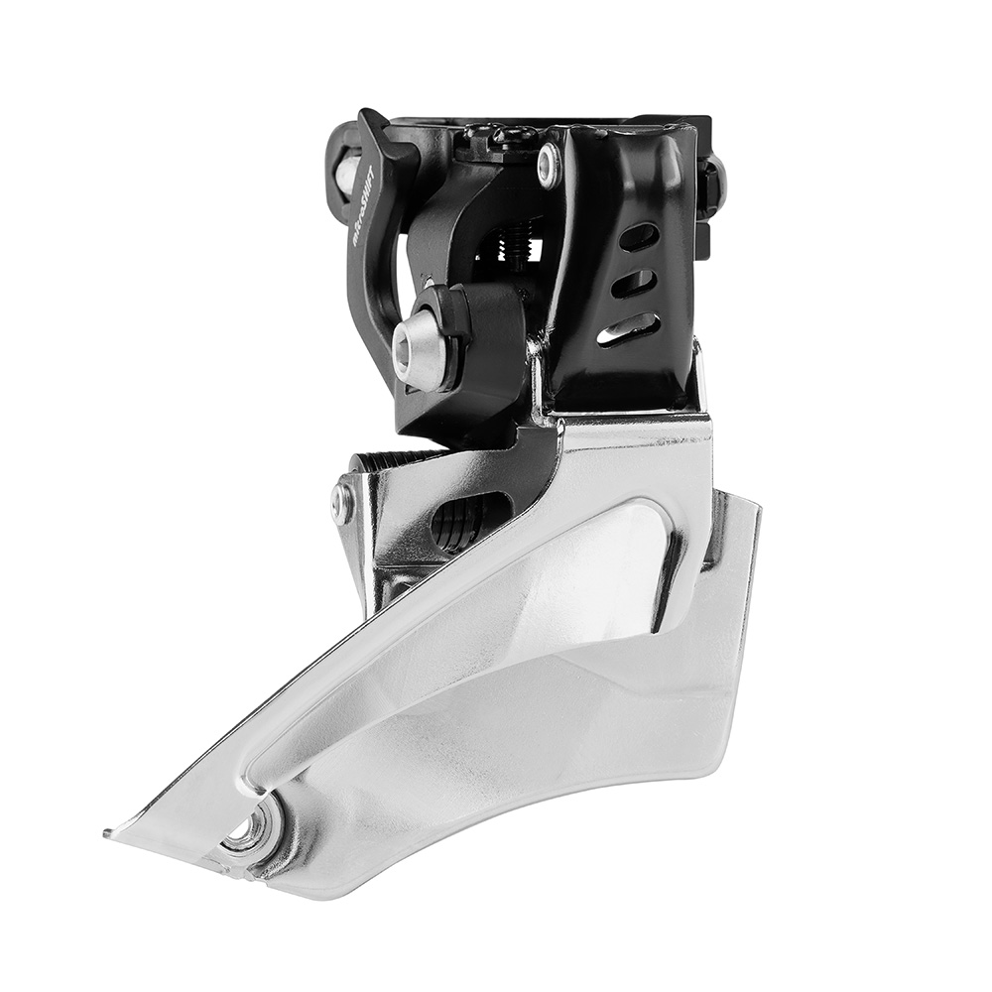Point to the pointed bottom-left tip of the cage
(111, 832)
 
